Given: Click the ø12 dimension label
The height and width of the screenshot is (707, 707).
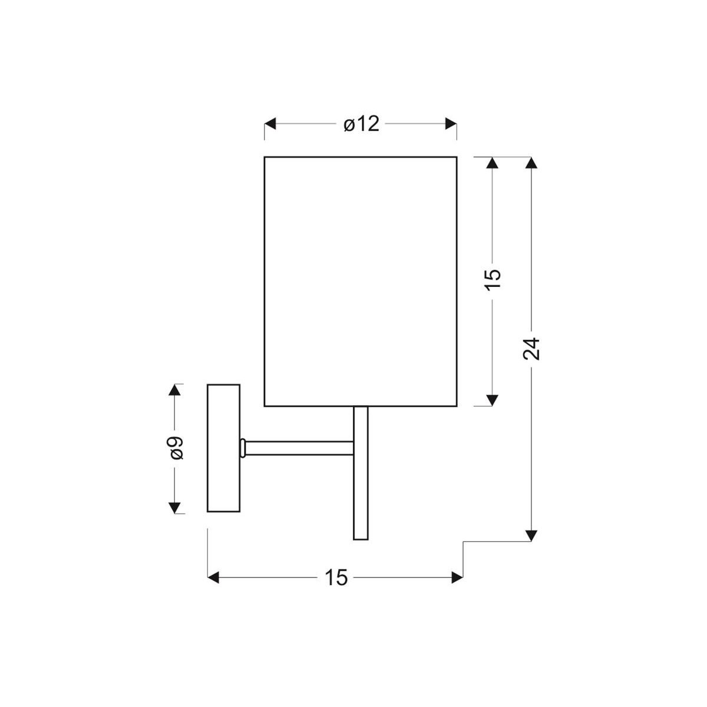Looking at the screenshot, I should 361,124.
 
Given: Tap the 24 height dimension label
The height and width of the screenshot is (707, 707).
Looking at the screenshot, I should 531,349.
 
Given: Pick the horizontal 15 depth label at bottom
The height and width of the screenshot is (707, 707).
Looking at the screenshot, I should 336,578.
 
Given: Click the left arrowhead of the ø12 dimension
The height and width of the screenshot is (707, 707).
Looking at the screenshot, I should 270,124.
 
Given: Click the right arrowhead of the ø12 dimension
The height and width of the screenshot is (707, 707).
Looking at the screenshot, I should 451,124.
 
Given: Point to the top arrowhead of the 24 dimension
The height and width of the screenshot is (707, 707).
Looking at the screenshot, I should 531,163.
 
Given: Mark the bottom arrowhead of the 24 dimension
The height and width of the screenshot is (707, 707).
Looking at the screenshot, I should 531,534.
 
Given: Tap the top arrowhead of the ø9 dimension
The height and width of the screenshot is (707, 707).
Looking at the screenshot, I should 175,390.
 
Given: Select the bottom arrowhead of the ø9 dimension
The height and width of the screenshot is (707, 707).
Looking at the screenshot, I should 175,507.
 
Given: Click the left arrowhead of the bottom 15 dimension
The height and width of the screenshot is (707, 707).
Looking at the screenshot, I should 214,578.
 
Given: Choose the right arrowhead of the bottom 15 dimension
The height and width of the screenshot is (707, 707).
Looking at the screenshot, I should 457,578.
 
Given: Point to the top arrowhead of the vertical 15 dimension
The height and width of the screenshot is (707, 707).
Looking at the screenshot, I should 493,163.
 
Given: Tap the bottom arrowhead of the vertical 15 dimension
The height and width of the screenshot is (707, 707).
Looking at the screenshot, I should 493,400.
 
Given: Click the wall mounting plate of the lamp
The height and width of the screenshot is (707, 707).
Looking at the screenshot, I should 223,448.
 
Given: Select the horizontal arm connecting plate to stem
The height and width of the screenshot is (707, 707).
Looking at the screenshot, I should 298,448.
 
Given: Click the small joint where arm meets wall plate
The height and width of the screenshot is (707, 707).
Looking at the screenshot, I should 242,448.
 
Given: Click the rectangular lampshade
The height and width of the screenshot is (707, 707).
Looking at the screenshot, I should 361,281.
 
